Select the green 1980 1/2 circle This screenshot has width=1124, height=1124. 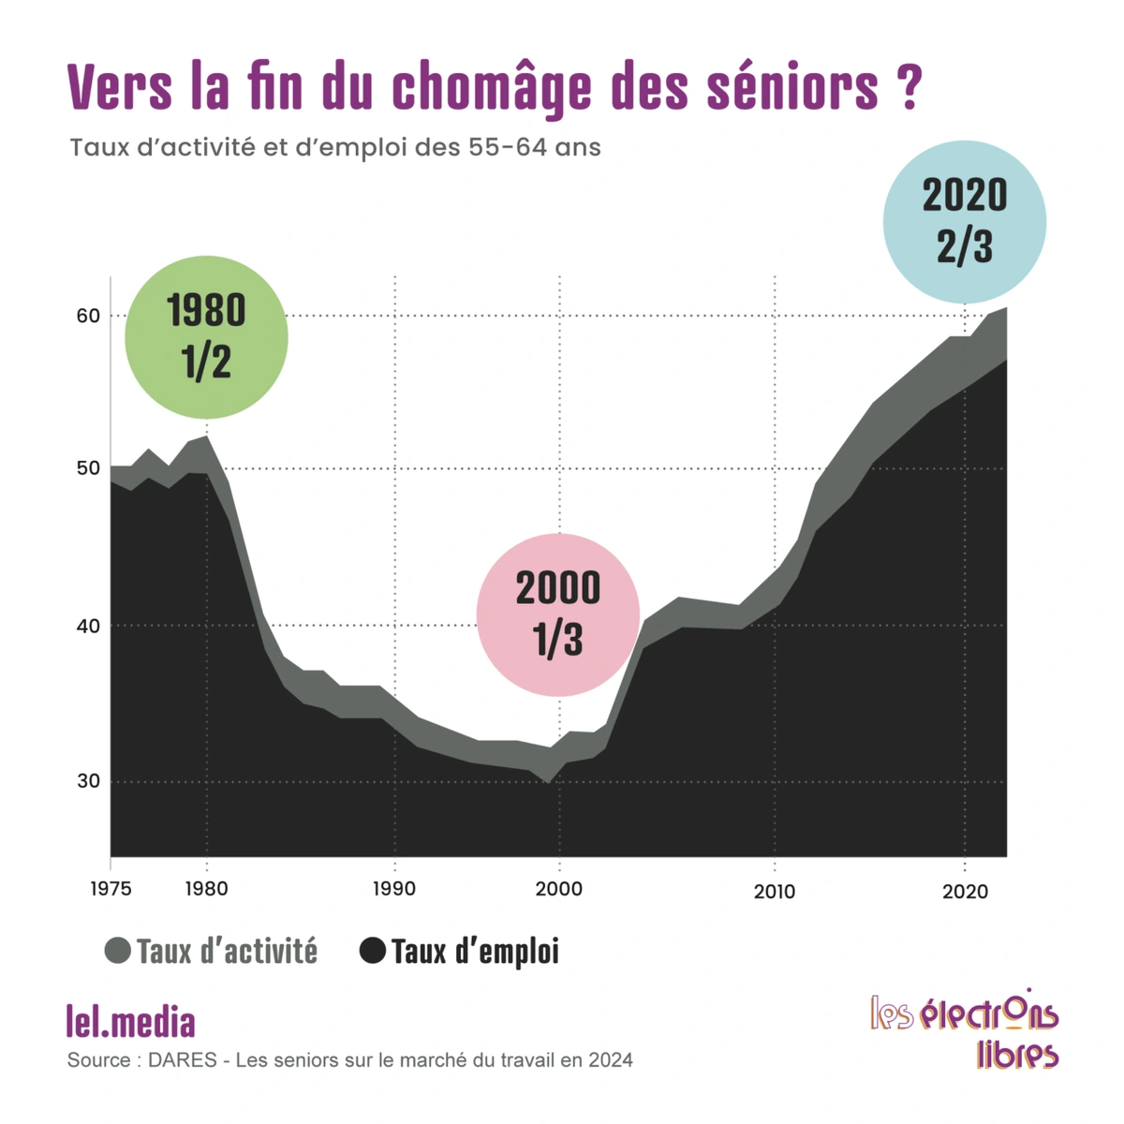click(206, 337)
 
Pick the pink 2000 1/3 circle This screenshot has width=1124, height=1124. click(558, 614)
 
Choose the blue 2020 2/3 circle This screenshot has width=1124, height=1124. click(965, 222)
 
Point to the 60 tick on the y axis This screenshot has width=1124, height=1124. click(88, 316)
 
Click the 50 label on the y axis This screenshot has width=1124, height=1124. click(88, 468)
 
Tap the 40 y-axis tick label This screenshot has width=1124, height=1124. click(88, 625)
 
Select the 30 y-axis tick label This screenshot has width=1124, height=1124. click(88, 781)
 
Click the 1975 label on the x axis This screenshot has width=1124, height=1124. click(111, 889)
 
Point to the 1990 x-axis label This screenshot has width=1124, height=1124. click(394, 889)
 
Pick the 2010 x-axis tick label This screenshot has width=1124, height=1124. click(775, 892)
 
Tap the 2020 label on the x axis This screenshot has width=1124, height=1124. click(965, 892)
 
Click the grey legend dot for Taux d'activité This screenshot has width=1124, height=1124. click(117, 951)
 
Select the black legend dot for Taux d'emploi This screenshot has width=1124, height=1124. click(373, 951)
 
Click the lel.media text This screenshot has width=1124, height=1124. click(131, 1022)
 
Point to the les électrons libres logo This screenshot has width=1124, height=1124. click(965, 1028)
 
